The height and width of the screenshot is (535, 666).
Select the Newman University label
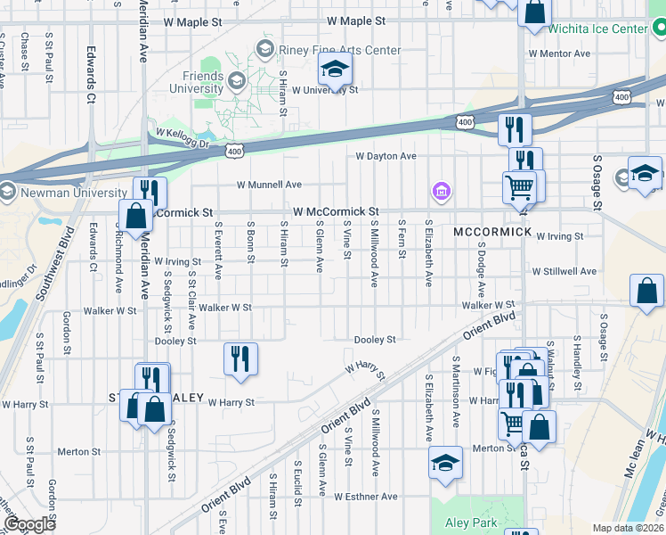(69, 193)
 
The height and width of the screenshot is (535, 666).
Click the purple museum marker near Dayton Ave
(441, 191)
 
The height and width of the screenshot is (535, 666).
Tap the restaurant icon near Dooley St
(240, 358)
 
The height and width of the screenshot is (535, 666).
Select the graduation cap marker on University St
(335, 68)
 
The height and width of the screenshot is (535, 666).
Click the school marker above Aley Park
(445, 463)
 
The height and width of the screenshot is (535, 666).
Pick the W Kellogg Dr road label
(182, 137)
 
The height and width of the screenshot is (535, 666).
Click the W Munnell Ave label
(269, 185)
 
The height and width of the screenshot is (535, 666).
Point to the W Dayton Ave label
(386, 156)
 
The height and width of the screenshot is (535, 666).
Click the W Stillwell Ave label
(564, 270)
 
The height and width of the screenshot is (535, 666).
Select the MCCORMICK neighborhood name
(492, 232)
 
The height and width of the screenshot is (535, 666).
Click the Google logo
(30, 524)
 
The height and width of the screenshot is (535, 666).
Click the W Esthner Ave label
(365, 496)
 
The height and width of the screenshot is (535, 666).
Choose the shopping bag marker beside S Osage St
(646, 291)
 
